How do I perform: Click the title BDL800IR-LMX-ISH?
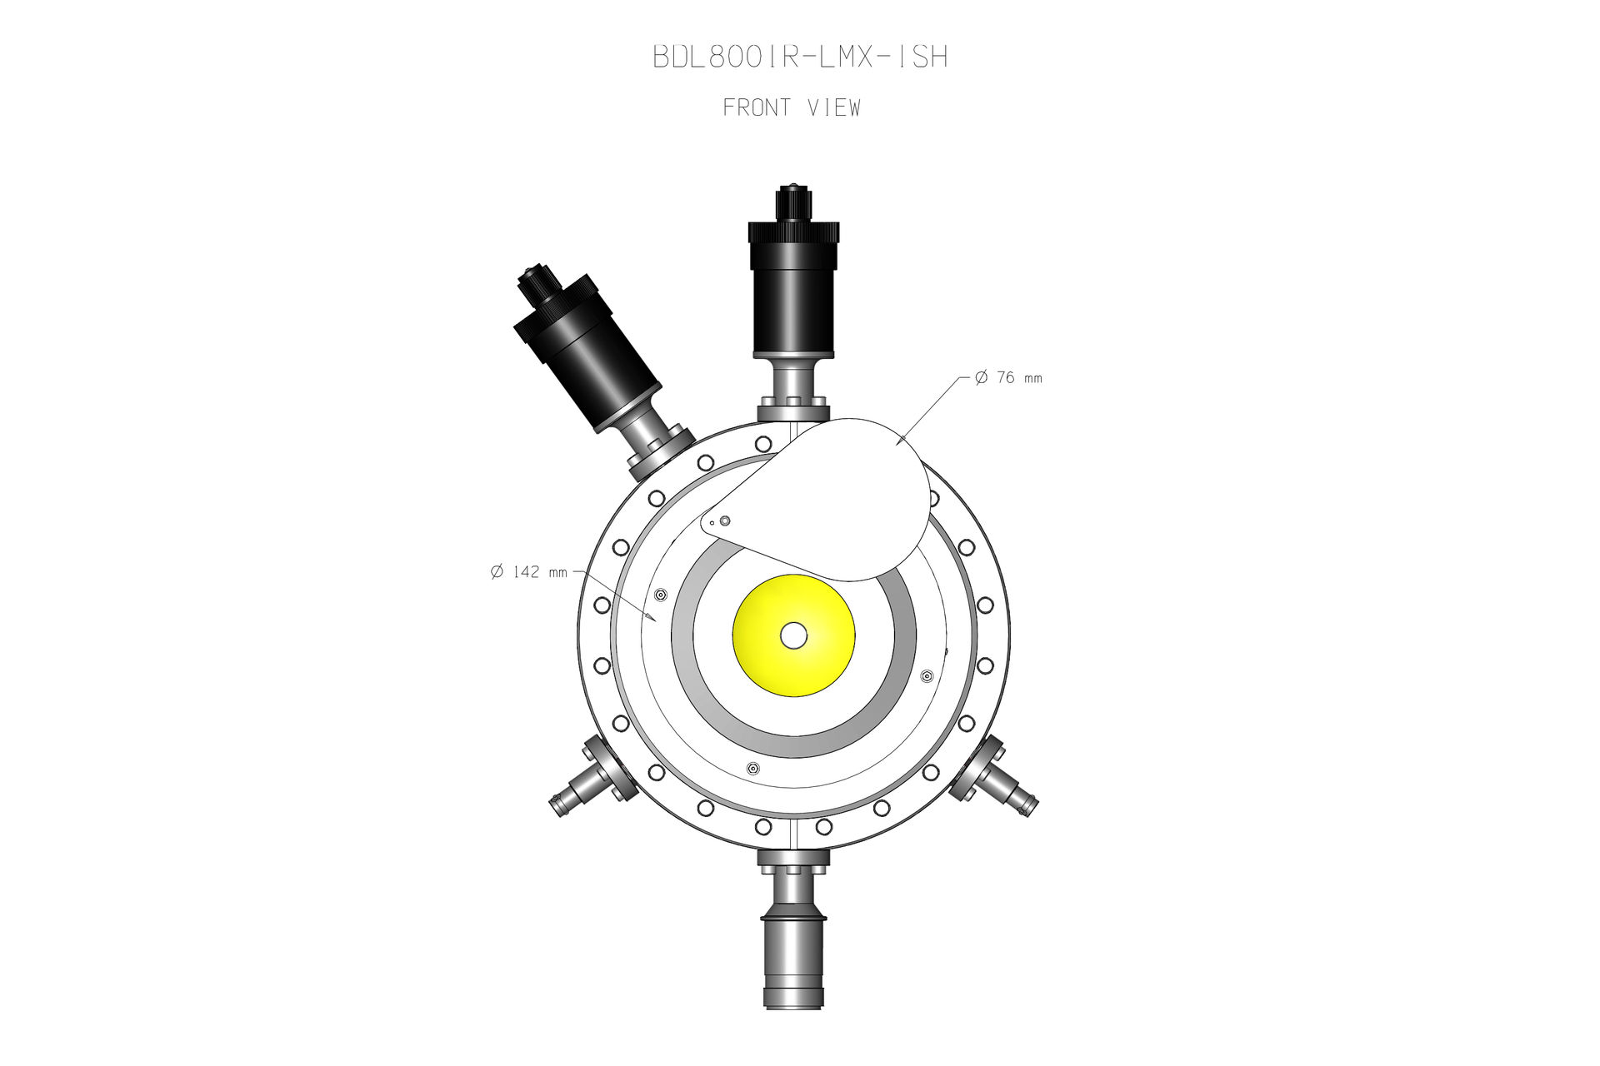800,57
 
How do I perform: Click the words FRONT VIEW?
792,107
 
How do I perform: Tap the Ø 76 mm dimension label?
1008,377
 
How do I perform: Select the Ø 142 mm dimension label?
529,571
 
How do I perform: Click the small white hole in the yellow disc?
793,635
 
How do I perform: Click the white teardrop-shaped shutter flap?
842,491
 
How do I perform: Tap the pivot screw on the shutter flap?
725,521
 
